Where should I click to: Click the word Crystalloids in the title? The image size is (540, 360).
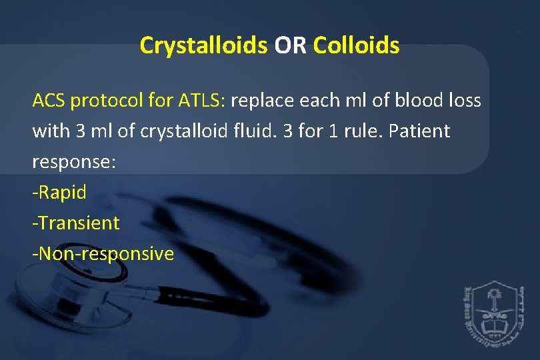tap(203, 45)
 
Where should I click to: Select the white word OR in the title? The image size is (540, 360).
tap(290, 45)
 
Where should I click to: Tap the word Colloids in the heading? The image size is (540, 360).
tap(356, 45)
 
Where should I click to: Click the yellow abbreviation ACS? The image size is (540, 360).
tap(49, 101)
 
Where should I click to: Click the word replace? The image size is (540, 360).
tap(261, 101)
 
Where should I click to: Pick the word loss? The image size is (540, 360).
tap(465, 101)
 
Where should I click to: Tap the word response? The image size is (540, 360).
tap(74, 163)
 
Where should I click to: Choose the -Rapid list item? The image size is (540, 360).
tap(59, 193)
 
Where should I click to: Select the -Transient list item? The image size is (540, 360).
tap(75, 223)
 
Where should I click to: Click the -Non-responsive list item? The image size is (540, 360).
tap(103, 253)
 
